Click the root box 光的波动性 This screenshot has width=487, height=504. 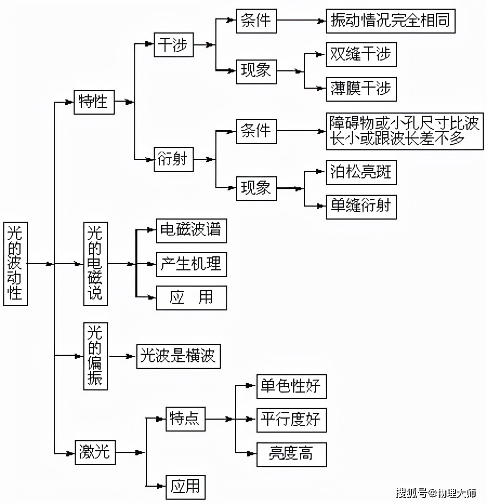click(16, 263)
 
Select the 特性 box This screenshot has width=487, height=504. click(94, 102)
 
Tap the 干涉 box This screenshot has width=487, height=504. click(173, 45)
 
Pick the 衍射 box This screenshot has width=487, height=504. click(173, 159)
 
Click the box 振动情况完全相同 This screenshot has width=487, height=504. click(391, 21)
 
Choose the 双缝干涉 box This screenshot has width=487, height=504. click(361, 54)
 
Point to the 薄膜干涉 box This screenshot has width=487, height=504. click(361, 89)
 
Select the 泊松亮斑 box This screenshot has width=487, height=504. click(361, 173)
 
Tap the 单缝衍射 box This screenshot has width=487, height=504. click(361, 207)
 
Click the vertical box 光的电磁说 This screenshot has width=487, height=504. click(96, 263)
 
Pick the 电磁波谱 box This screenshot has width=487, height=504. click(192, 231)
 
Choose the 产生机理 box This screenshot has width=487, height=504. click(192, 264)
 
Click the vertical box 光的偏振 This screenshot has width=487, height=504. click(96, 356)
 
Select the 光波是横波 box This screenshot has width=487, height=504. click(179, 356)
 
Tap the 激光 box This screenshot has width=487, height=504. click(95, 453)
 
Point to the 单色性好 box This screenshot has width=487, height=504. click(292, 386)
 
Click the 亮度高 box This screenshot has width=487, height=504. click(292, 454)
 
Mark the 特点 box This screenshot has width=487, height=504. click(185, 419)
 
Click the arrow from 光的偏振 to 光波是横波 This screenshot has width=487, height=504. click(122, 356)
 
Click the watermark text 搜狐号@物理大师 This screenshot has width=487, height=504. click(436, 493)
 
